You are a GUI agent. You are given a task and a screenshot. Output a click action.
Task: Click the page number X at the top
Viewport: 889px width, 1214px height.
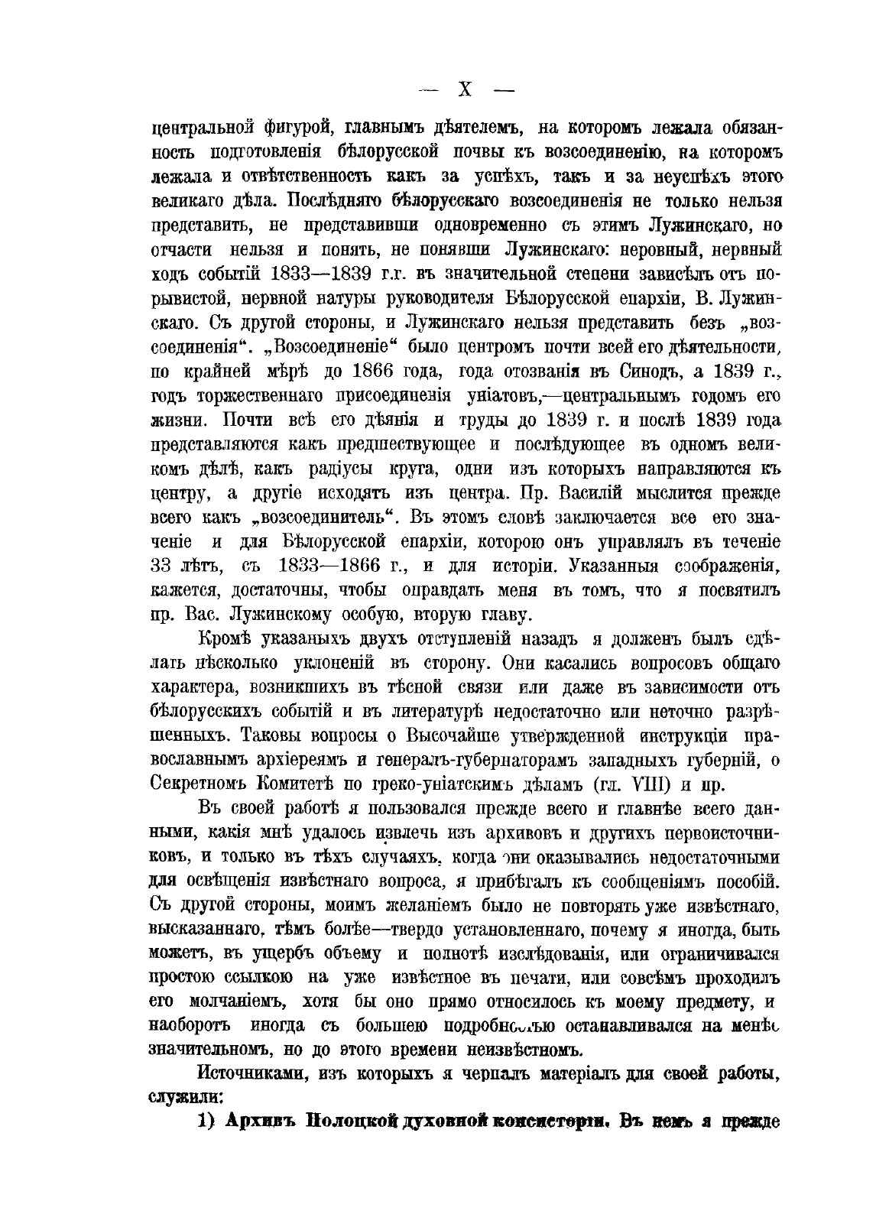click(464, 90)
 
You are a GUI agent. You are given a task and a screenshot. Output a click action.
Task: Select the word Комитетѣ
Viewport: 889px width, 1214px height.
click(309, 785)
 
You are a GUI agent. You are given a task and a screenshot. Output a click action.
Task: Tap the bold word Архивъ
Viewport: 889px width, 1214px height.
click(260, 1122)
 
